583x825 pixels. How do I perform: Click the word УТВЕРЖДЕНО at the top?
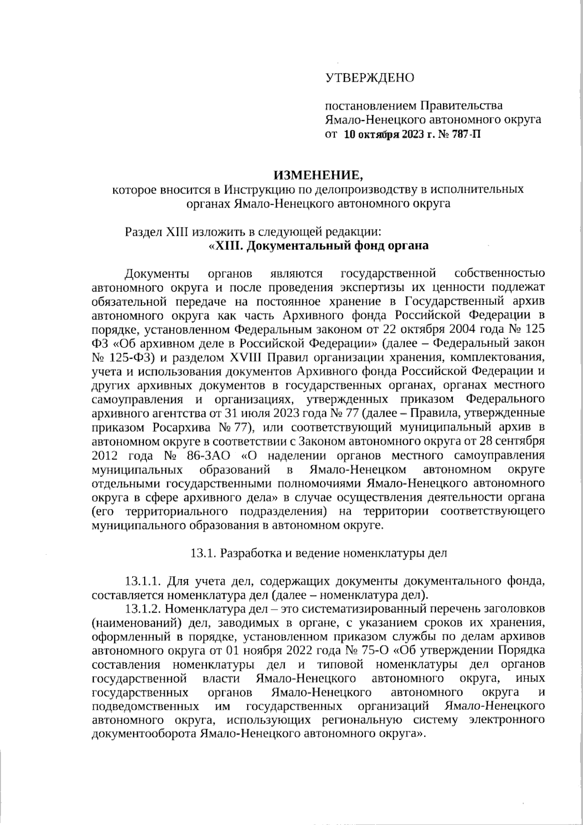point(369,77)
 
